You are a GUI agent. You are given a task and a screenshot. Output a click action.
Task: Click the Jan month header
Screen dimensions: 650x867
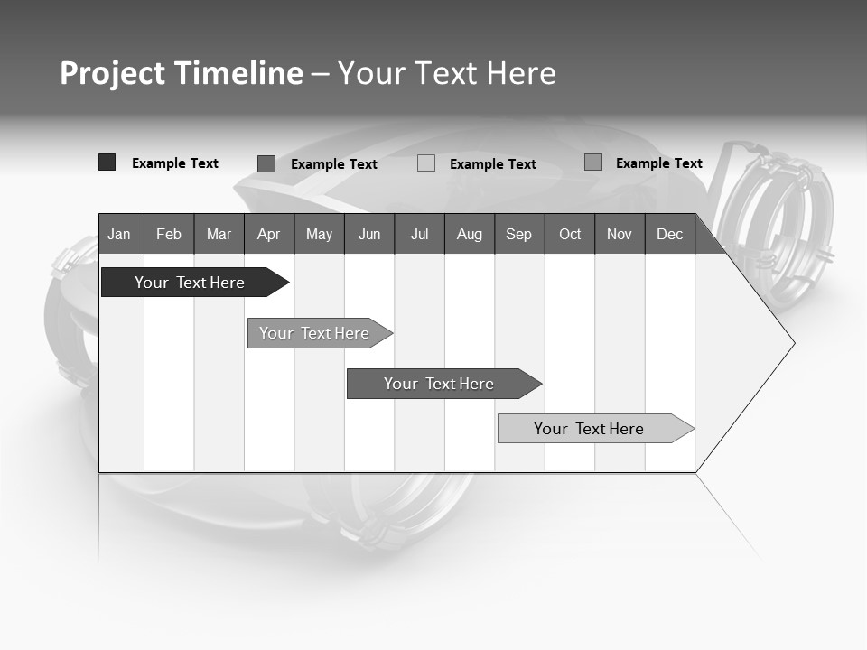pos(119,234)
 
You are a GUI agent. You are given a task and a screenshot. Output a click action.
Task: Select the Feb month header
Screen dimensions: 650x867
pos(169,234)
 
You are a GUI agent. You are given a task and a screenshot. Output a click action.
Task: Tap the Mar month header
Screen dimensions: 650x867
pos(219,234)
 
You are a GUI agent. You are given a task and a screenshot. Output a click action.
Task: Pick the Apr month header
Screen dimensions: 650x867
pos(268,234)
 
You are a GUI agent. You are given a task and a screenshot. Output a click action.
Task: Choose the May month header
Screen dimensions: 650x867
pos(319,234)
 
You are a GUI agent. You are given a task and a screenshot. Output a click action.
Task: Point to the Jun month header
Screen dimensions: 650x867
pos(369,234)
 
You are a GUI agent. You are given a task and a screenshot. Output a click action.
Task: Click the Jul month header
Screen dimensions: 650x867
pos(419,234)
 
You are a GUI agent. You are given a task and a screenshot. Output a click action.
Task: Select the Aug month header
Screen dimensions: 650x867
pos(469,234)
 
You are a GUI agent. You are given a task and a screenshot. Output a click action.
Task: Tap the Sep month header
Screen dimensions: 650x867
pos(518,234)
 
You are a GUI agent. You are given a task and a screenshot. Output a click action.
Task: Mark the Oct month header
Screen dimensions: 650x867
pos(570,234)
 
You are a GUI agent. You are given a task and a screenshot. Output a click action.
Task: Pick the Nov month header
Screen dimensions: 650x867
pos(620,234)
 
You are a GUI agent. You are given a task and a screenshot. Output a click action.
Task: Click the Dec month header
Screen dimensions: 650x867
pos(670,234)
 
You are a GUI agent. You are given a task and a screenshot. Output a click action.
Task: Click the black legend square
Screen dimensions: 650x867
pos(107,162)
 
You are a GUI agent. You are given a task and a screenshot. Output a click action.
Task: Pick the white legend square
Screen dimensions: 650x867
pos(426,163)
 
